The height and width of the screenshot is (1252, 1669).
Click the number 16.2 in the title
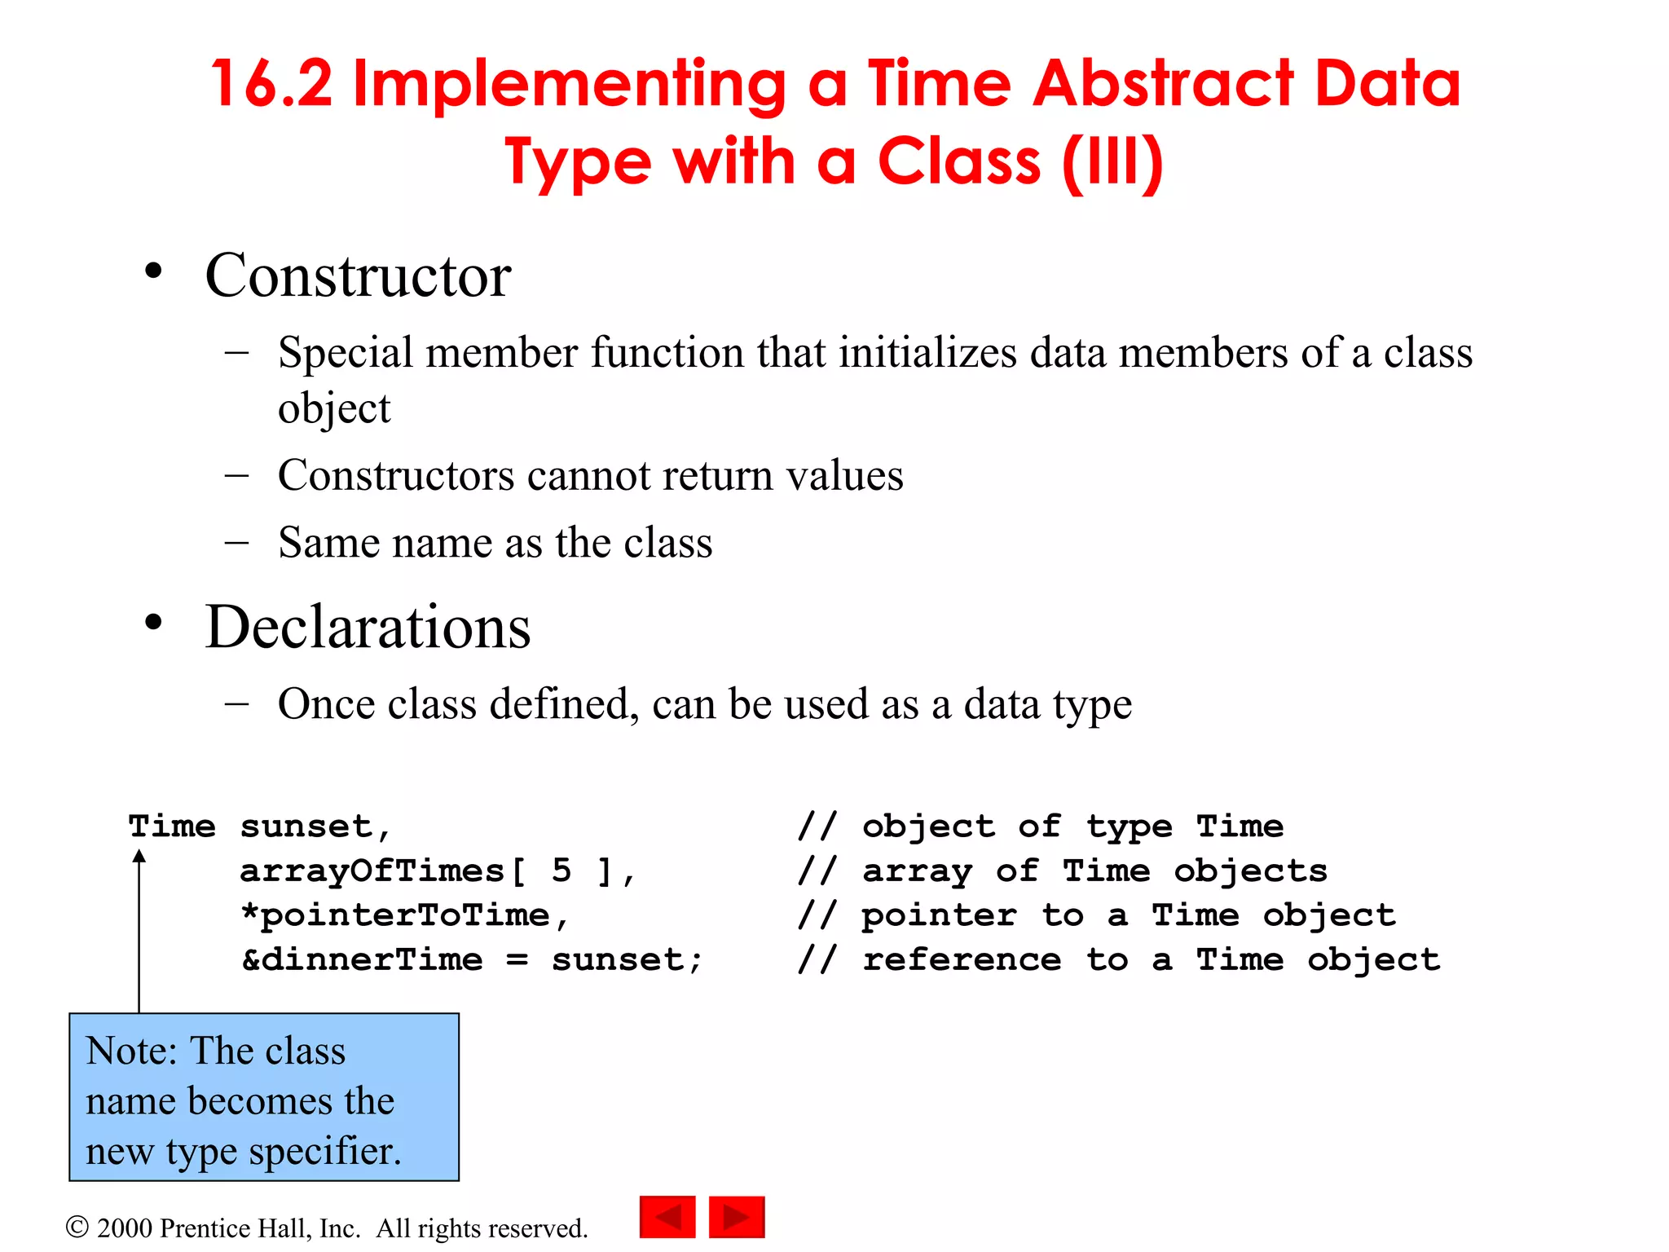[272, 84]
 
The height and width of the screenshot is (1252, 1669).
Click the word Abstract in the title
[1163, 84]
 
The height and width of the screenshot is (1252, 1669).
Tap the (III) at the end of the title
[1112, 161]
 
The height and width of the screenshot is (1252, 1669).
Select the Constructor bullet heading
[358, 276]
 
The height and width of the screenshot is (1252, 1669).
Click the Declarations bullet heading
[368, 627]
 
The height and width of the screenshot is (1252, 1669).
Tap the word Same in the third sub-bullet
[328, 543]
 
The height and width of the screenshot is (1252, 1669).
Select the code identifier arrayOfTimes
[372, 871]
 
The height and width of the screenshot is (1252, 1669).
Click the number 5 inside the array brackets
[561, 871]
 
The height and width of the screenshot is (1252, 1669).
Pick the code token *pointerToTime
[396, 915]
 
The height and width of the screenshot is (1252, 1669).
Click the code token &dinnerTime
[363, 960]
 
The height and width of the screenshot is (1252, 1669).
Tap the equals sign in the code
[517, 960]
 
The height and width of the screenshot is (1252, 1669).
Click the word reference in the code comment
[962, 960]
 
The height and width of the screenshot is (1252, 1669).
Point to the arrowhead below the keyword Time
[139, 857]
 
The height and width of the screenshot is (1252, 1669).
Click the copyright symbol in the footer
[77, 1227]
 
